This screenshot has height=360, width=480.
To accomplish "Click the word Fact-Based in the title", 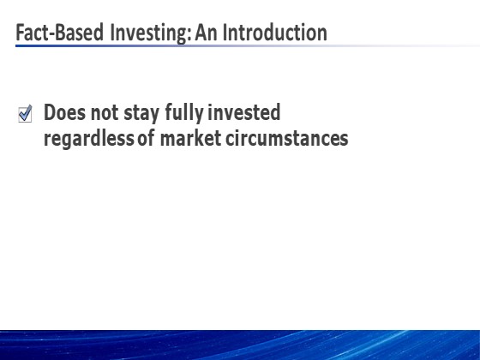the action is click(x=59, y=33).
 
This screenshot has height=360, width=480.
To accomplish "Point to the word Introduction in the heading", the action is click(x=274, y=33).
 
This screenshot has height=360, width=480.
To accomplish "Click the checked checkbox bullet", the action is click(x=25, y=113).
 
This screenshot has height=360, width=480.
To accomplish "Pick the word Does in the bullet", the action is click(x=65, y=112).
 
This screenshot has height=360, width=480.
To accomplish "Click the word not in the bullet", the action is click(x=105, y=112).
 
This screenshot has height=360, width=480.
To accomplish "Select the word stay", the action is click(x=141, y=114).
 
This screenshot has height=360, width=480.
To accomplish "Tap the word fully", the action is click(x=184, y=113).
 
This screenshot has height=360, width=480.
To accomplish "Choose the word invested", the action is click(x=244, y=112).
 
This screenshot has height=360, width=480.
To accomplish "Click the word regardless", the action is click(x=89, y=139).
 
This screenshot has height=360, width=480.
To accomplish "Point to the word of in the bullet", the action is click(x=146, y=138).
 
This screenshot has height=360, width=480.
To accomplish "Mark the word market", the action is click(x=190, y=138).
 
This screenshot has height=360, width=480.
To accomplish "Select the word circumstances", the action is click(x=287, y=138).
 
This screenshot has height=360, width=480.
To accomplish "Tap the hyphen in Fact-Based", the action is click(x=51, y=34).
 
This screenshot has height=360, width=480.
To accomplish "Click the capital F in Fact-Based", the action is click(x=21, y=33).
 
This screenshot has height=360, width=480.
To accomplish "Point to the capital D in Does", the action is click(x=51, y=112).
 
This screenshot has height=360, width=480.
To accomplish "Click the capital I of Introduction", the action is click(x=225, y=33).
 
